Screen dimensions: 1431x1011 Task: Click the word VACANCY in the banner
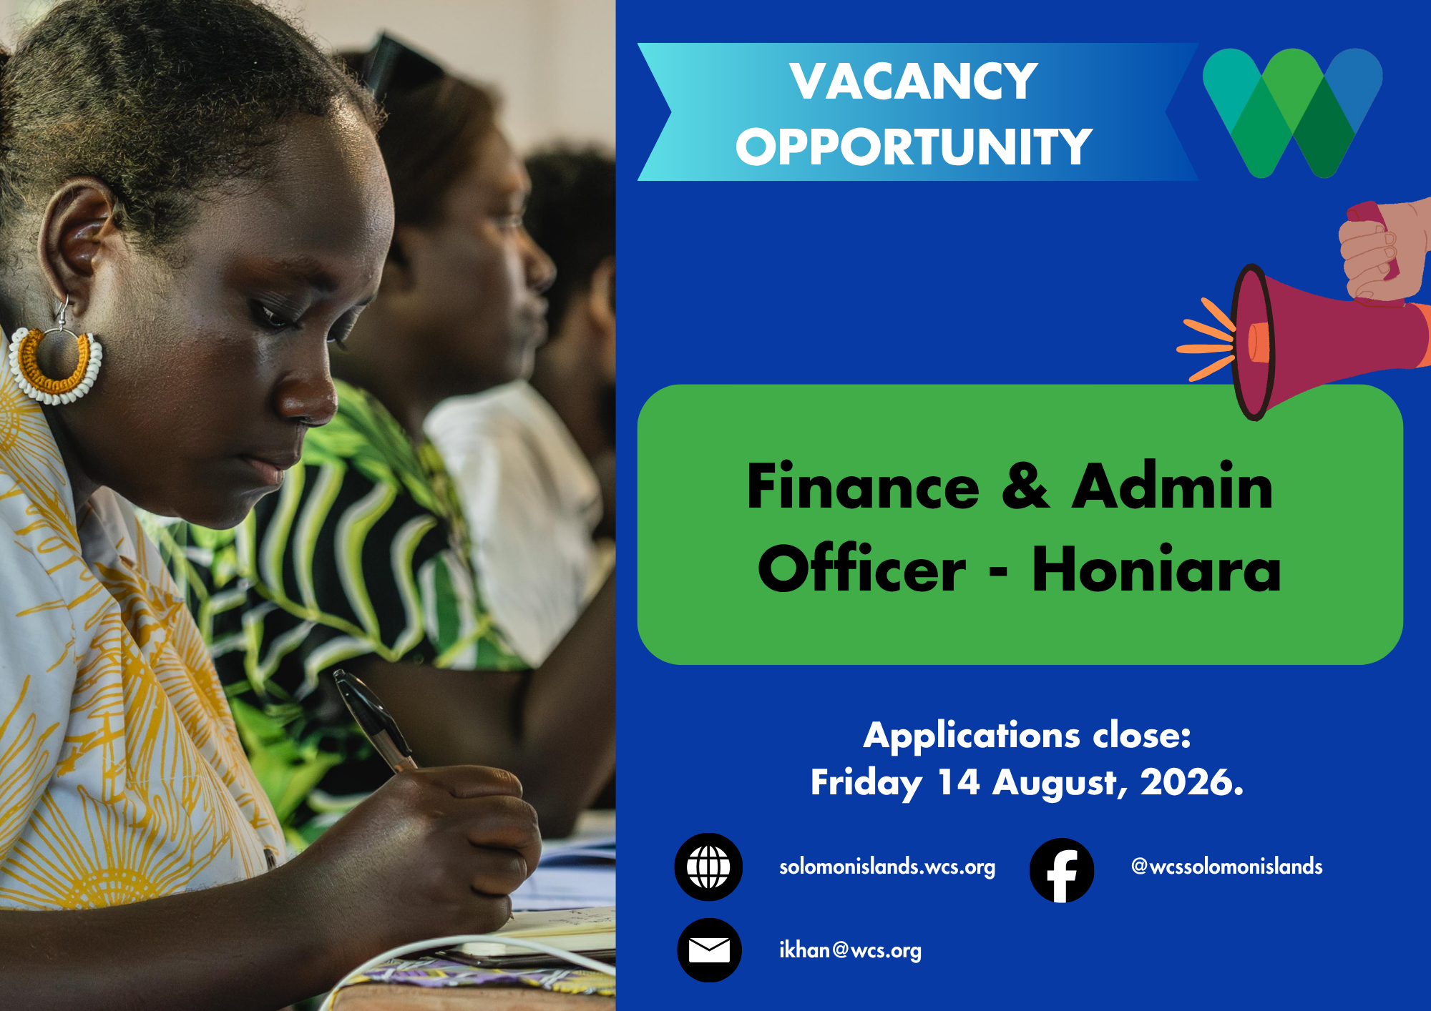coord(914,81)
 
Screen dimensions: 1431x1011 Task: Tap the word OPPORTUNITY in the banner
coord(914,147)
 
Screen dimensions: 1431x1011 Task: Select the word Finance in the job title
coord(863,486)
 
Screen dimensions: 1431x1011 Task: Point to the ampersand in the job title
coord(1025,486)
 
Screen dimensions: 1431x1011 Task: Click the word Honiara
coord(1156,569)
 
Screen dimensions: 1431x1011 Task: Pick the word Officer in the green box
coord(862,569)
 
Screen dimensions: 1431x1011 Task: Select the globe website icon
coord(708,867)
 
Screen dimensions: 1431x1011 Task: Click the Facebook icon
coord(1062,870)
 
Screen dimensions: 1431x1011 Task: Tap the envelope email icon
coord(709,950)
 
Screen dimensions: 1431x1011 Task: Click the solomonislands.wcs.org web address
coord(887,867)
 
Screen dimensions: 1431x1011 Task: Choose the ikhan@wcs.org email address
coord(851,950)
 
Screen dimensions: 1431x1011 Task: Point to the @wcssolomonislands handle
coord(1227,866)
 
